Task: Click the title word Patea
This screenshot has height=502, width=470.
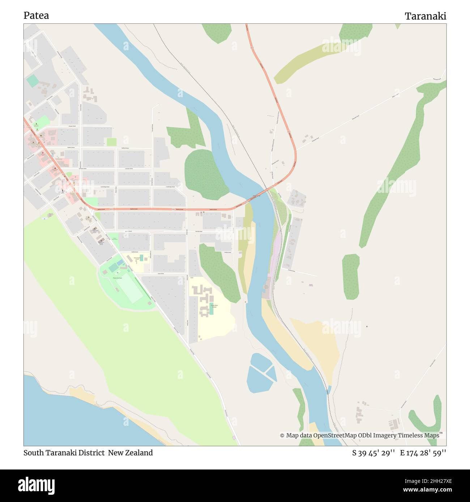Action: coord(36,16)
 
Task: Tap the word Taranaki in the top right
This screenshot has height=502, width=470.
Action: coord(425,16)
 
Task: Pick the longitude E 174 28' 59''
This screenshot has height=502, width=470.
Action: coord(423,453)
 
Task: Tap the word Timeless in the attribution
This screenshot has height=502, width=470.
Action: coord(411,435)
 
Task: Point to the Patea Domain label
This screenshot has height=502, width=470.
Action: coord(117,278)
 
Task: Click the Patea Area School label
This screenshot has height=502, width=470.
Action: coord(214,306)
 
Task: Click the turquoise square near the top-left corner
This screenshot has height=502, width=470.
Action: coord(32,81)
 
